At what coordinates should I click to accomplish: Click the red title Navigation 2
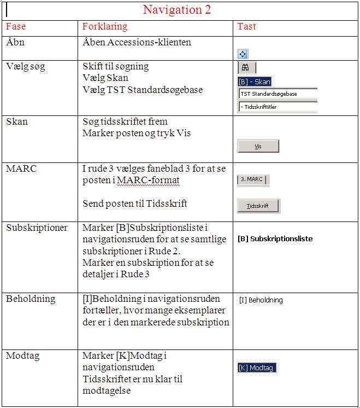coord(176,10)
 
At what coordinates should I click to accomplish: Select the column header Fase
coord(16,26)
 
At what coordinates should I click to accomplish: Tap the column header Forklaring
coord(105,26)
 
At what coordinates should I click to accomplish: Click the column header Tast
coord(246,26)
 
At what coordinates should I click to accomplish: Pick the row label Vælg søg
coord(26,67)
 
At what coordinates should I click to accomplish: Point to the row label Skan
coord(16,121)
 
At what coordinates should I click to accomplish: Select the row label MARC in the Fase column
coord(21,168)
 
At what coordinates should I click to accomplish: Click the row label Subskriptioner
coord(37,228)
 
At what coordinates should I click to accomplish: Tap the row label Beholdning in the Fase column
coord(31,299)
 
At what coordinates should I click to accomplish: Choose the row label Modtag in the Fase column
coord(22,356)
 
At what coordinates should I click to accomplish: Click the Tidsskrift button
coord(258,206)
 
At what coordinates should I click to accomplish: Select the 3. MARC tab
coord(252,179)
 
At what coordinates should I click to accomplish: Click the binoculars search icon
coord(246,67)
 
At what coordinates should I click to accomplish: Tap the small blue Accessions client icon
coord(243,54)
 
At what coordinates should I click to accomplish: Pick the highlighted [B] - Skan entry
coord(255,81)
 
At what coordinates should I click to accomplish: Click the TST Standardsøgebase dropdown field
coord(278,94)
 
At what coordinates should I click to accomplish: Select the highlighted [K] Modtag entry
coord(257,368)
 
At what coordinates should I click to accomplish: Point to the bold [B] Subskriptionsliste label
coord(275,238)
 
